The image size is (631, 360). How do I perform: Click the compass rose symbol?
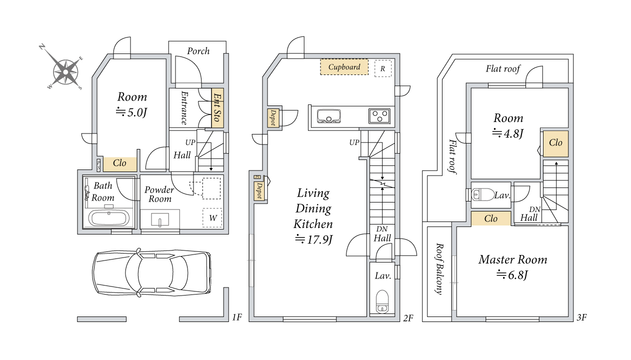tap(65, 72)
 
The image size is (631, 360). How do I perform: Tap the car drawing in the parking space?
tap(152, 273)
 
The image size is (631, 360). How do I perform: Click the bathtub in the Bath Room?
tap(108, 218)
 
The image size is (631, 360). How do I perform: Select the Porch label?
tap(198, 51)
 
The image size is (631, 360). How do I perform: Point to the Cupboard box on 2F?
tap(344, 67)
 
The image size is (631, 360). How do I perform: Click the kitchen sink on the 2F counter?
tap(328, 116)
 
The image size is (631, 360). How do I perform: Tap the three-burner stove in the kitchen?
tap(379, 116)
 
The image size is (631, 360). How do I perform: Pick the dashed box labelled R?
tap(383, 68)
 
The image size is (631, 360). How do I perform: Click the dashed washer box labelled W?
tap(212, 217)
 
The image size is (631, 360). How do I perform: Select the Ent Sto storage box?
tap(217, 107)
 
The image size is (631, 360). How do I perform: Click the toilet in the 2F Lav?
tap(382, 301)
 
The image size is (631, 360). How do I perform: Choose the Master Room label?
tap(512, 259)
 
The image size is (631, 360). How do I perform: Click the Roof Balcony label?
tap(439, 269)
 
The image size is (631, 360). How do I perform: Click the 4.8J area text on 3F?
tap(507, 133)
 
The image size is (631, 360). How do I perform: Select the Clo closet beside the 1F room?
tap(119, 164)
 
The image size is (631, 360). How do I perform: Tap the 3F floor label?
tap(581, 317)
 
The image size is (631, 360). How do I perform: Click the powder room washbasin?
tap(160, 219)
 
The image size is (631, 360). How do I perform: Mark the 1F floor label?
tap(237, 317)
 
